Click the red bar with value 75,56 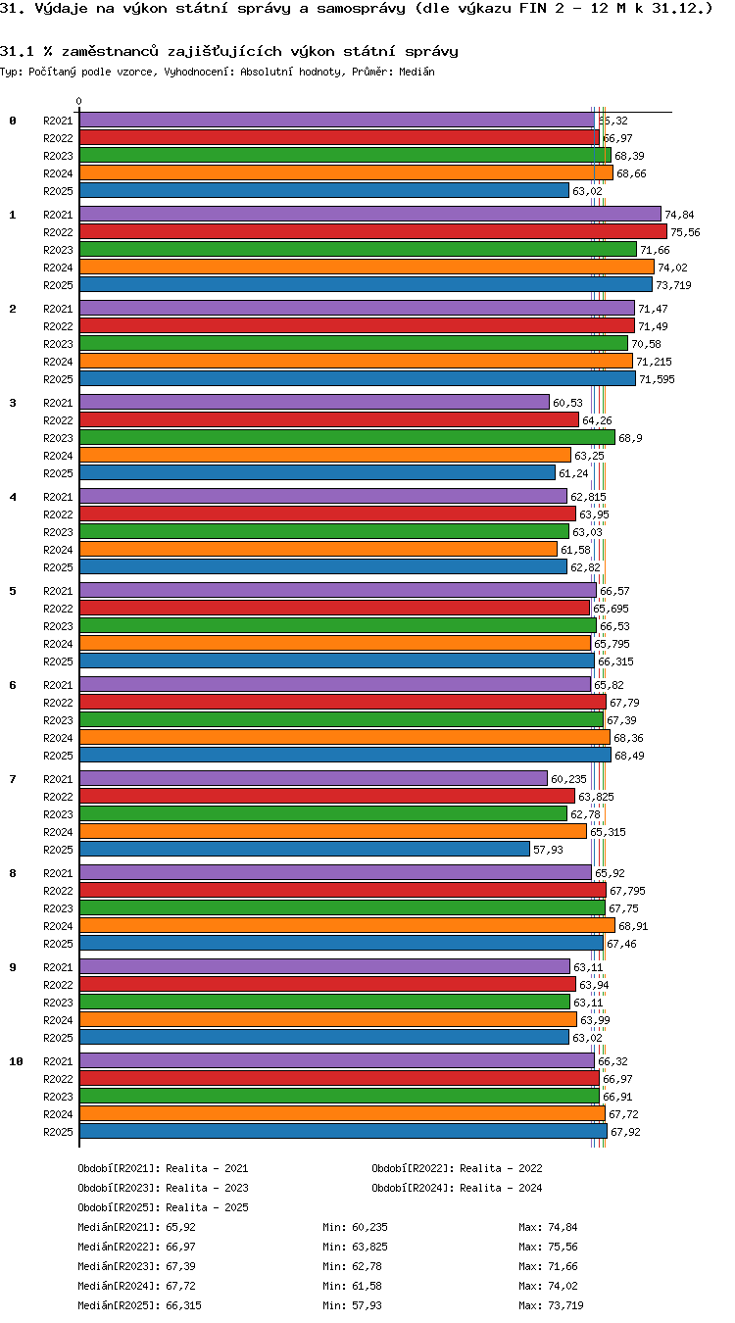[372, 231]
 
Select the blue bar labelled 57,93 [304, 849]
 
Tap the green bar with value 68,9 [347, 437]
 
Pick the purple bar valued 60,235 [314, 778]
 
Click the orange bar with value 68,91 [347, 925]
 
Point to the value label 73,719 [673, 285]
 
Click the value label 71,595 [656, 379]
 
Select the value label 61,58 [575, 550]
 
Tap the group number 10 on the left [16, 1061]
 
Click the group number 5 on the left [13, 591]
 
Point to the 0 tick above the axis [79, 102]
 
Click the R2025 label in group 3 [58, 473]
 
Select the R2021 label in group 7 [58, 779]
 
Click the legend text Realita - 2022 [501, 1167]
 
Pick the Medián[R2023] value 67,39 [180, 1266]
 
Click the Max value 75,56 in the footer [563, 1247]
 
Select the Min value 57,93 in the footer [367, 1304]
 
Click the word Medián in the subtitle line [416, 72]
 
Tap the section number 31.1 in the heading [17, 51]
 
